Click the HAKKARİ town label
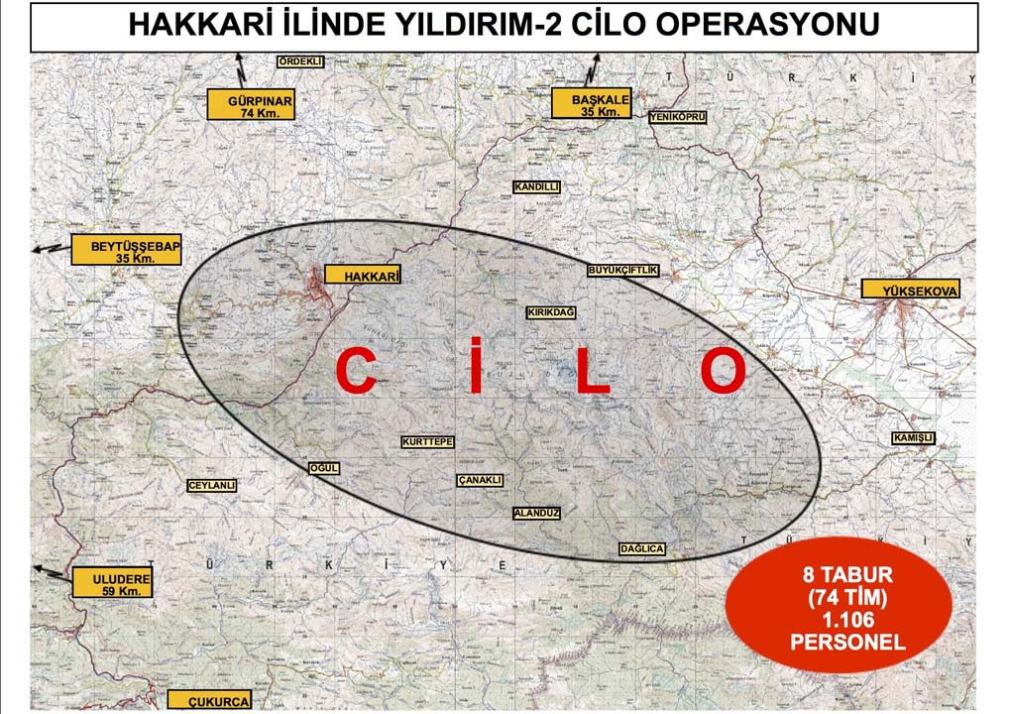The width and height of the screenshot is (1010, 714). (363, 277)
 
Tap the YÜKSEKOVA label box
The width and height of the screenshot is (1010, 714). (910, 290)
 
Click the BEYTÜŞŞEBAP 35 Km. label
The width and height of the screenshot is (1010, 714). (126, 250)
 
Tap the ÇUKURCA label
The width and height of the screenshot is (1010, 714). (209, 700)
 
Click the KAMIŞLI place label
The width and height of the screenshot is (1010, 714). (913, 438)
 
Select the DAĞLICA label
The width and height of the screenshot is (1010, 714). (641, 548)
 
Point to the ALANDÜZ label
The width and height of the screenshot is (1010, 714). (537, 514)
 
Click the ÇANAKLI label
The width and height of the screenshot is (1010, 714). (481, 480)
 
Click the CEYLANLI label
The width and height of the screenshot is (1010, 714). (211, 486)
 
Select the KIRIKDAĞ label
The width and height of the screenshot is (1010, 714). (551, 312)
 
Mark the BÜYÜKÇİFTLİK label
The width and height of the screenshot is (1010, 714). (622, 270)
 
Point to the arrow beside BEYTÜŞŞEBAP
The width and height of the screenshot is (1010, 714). (47, 248)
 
